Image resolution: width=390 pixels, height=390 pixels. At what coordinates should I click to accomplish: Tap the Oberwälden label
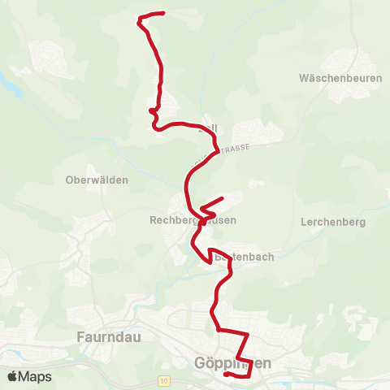tap(97, 180)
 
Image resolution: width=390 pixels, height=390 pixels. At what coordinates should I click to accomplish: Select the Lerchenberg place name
tap(333, 221)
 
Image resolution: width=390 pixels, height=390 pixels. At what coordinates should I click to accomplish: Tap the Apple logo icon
tap(13, 376)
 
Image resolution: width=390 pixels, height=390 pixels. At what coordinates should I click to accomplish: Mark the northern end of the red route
tap(164, 13)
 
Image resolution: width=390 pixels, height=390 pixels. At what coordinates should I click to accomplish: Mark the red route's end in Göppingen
tap(225, 375)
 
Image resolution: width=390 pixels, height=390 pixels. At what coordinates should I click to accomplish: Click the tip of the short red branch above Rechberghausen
tap(223, 197)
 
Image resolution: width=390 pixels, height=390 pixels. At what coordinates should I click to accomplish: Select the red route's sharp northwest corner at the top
tap(139, 19)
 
